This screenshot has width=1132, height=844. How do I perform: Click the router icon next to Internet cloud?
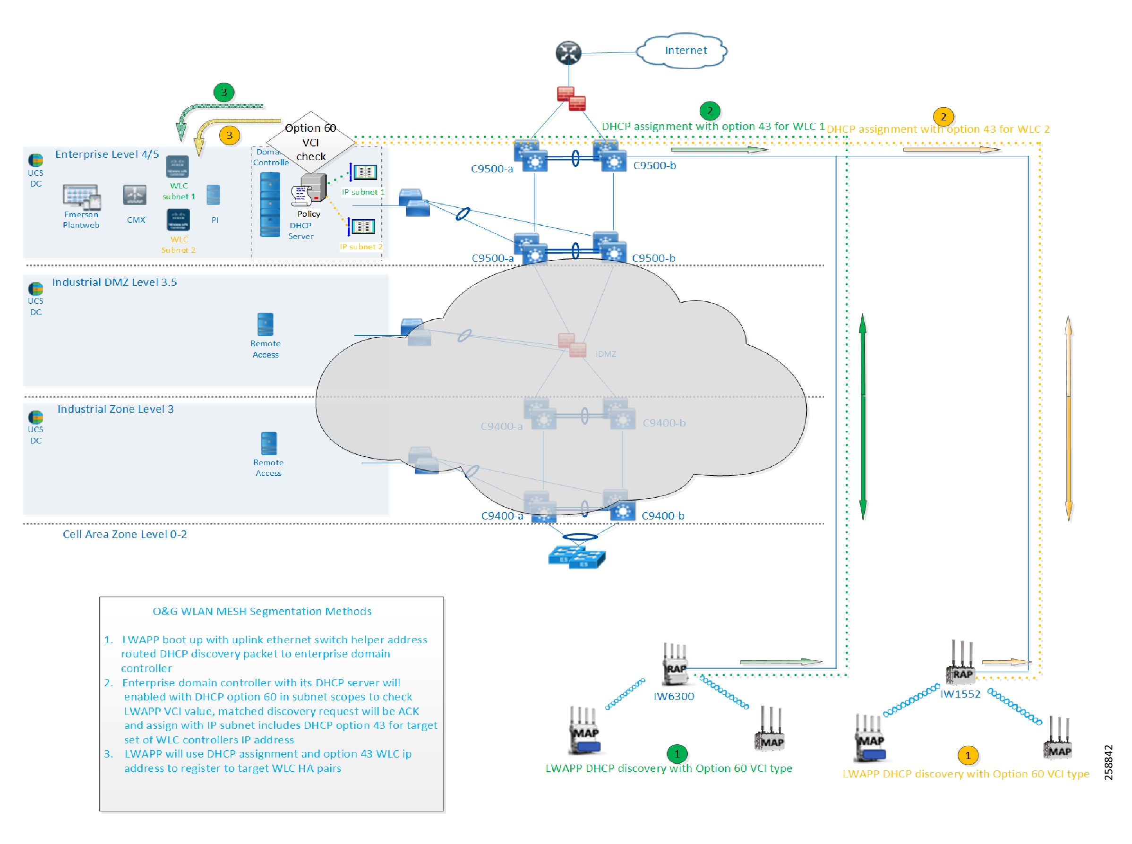[568, 52]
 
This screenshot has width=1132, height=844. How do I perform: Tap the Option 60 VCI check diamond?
[310, 142]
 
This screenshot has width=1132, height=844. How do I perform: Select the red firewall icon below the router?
[571, 98]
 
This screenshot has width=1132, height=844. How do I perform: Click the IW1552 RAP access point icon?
[960, 663]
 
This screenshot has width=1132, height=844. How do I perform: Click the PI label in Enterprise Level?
[214, 220]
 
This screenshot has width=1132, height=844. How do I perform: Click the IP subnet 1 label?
[362, 192]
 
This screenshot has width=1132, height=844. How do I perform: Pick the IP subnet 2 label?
[361, 247]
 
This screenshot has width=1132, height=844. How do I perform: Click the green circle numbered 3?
[223, 93]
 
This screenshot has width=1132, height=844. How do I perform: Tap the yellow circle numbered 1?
[967, 755]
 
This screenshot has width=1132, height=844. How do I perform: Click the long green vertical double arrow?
[862, 417]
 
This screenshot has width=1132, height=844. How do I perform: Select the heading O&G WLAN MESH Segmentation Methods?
[262, 611]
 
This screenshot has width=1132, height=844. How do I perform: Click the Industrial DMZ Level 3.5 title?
[114, 282]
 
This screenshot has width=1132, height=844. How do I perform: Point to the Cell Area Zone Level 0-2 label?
[124, 534]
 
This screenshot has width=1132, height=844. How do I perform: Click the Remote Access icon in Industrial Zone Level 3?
[268, 443]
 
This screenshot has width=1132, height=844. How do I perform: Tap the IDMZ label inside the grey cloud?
[605, 354]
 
